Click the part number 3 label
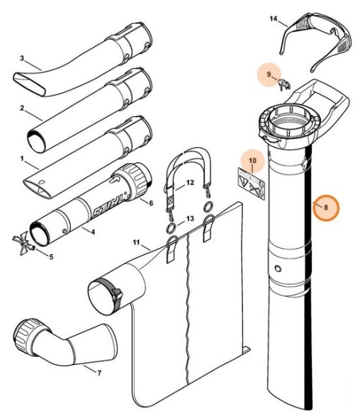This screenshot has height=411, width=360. (23, 58)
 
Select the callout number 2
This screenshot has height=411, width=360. (23, 108)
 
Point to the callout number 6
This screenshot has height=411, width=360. (151, 203)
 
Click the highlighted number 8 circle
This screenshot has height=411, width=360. (326, 208)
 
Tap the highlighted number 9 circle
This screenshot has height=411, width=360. (269, 74)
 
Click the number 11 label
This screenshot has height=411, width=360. (136, 243)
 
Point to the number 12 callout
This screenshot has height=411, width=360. (190, 183)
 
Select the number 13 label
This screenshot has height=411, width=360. (190, 218)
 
